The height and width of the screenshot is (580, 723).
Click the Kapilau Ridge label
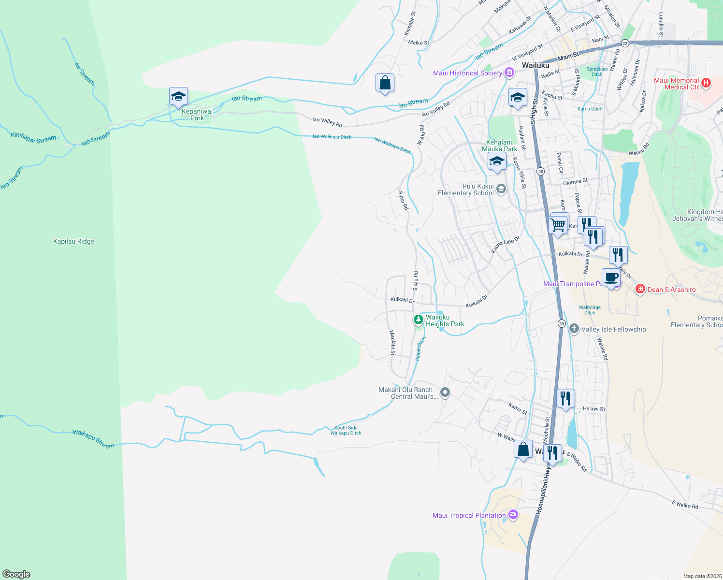point(73,242)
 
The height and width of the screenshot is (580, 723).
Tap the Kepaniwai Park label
point(197,115)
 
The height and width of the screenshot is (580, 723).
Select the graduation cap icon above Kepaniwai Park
point(178,97)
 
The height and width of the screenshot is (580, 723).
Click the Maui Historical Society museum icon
point(509,73)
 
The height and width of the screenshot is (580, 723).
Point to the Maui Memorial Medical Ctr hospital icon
point(706,83)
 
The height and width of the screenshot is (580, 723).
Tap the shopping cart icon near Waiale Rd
point(559,224)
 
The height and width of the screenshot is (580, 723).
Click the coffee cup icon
point(611,277)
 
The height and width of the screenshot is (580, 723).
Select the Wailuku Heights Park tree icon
point(419,320)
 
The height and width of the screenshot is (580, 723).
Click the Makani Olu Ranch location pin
point(445,392)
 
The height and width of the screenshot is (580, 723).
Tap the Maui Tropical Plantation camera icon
point(513,515)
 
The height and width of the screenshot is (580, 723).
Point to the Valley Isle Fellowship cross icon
point(574,329)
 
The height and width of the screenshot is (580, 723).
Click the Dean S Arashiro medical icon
point(640,290)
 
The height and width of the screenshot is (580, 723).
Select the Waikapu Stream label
point(93,439)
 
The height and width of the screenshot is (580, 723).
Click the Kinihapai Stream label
point(33,138)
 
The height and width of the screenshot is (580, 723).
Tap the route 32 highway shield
point(625,43)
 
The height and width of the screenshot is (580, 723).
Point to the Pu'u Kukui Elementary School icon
point(501,189)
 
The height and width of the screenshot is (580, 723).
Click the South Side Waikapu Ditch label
point(346,430)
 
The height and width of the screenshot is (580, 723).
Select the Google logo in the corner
point(16,574)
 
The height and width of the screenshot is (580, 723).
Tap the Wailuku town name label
point(535,65)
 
